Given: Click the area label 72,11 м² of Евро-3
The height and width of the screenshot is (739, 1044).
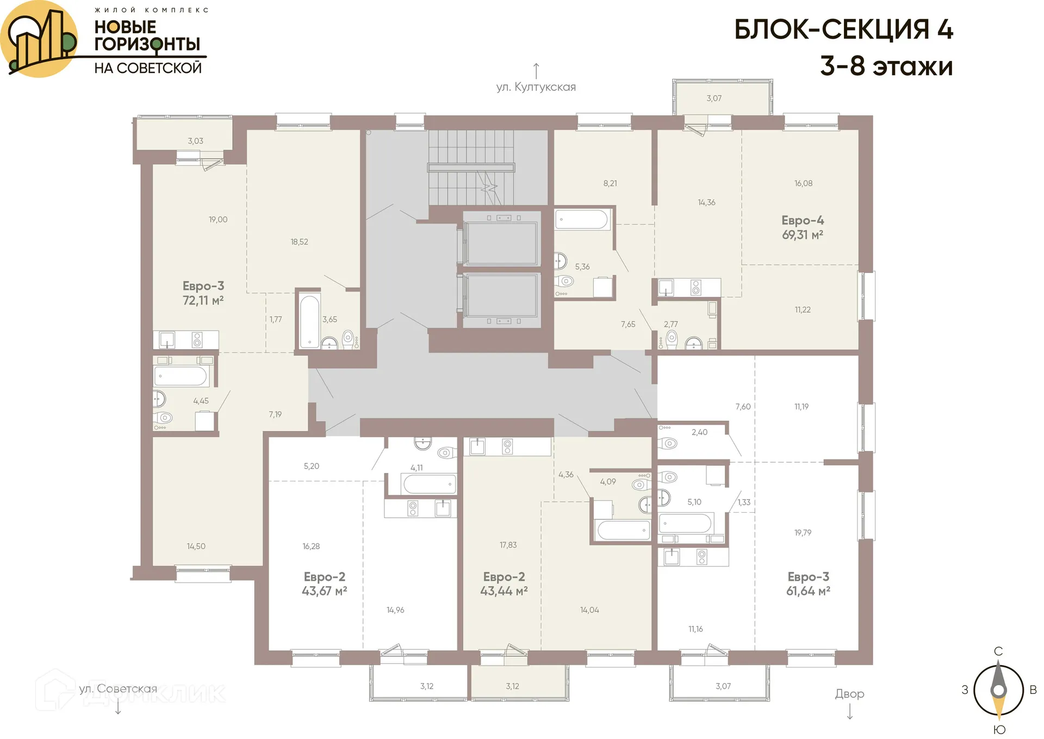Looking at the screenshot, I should coord(203,300).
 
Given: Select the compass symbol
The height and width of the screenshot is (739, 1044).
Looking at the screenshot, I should coord(998,691).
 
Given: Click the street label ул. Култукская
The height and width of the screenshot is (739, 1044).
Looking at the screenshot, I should coord(536,87).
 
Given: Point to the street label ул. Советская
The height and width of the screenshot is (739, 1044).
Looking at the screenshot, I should coord(118,689).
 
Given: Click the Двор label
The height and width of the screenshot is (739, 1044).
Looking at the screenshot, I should coord(849,694).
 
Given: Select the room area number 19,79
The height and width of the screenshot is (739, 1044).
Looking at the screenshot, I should coord(803,532).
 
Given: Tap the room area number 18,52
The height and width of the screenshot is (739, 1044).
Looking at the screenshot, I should coord(299,242).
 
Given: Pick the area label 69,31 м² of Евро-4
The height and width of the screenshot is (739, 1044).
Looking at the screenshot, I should coord(803,235).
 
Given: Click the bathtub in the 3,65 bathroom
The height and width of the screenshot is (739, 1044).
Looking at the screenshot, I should coord(309,321).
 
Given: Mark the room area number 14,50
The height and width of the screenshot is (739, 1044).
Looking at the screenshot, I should coord(196,546).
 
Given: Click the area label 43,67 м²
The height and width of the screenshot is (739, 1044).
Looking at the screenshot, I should coord(324,591).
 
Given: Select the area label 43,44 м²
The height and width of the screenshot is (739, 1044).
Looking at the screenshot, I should coord(504,591).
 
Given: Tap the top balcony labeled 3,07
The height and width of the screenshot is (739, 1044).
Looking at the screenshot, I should coord(714,98).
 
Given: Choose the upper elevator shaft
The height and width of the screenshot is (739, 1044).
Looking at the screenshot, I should coord(500,243).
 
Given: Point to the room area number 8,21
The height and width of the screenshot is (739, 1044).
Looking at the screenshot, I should coord(610,183).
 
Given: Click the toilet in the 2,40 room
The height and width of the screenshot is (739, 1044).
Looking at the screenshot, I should coord(669,443).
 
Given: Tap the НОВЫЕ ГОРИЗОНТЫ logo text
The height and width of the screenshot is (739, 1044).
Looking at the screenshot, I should coord(147,35).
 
